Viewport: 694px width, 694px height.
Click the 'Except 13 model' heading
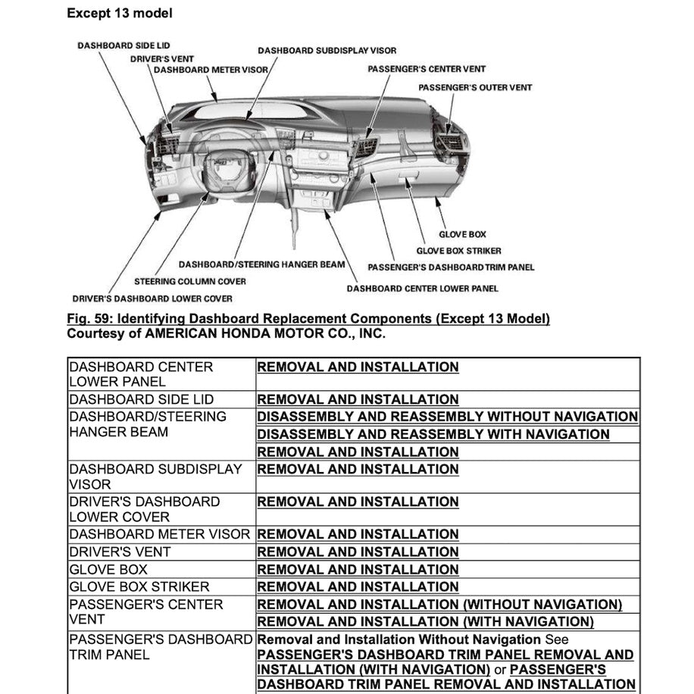pos(119,13)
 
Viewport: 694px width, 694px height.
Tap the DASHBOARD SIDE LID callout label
pos(123,45)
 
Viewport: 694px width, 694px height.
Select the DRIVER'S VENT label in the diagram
pos(161,58)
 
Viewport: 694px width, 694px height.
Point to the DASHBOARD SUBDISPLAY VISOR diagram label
pos(327,51)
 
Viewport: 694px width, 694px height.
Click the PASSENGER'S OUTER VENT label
pos(475,87)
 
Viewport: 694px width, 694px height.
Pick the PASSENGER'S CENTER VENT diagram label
pos(427,69)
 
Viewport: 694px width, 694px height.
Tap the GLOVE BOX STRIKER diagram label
pos(458,251)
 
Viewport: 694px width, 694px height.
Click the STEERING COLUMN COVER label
pos(190,281)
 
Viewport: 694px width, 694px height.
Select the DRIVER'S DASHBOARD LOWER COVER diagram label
pos(152,299)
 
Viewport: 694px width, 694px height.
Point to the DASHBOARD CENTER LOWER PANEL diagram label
pos(423,288)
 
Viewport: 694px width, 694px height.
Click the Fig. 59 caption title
pos(308,318)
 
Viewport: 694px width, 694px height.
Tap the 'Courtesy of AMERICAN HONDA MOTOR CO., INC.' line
pos(226,333)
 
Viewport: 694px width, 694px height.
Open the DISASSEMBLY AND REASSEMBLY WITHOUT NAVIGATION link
pos(447,417)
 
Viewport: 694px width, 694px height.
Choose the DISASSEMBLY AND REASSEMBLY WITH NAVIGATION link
pos(433,434)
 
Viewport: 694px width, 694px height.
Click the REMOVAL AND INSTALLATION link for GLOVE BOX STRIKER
pos(358,586)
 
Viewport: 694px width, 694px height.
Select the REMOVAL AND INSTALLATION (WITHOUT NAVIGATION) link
pos(439,605)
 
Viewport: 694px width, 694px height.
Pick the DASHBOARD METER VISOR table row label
pos(159,534)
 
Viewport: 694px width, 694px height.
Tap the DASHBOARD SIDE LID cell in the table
pos(141,399)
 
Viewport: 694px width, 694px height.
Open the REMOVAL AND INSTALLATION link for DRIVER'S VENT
pos(358,552)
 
